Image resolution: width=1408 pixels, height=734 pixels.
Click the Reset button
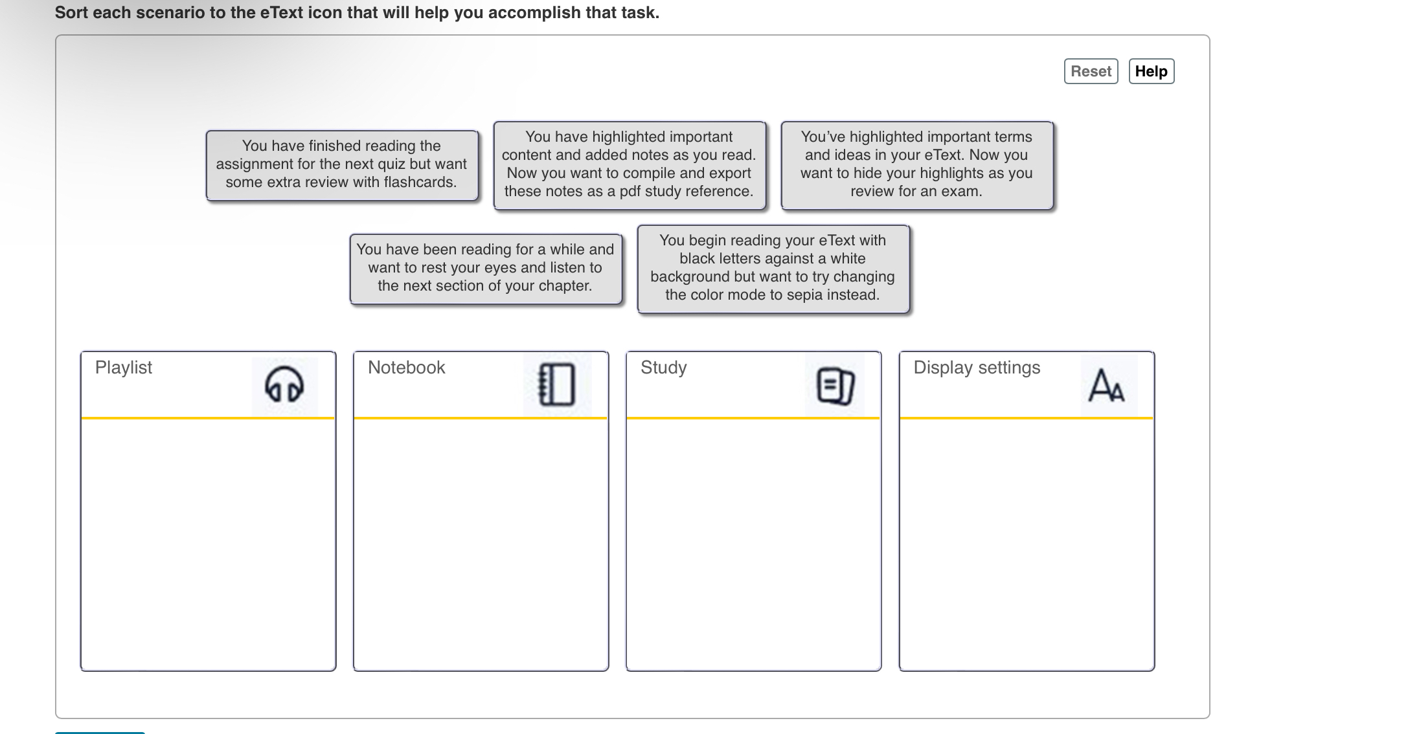point(1091,71)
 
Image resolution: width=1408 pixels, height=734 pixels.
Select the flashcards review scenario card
point(341,164)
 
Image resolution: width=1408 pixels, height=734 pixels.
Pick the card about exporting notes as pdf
point(629,164)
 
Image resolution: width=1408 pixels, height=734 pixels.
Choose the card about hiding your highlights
point(916,164)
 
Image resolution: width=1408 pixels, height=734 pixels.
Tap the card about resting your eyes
point(485,268)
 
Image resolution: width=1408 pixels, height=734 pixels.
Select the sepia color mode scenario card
point(773,268)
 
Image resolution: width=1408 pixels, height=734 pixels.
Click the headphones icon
point(284,385)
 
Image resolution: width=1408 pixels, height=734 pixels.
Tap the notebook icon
point(557,385)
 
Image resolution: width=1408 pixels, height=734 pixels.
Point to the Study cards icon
point(835,385)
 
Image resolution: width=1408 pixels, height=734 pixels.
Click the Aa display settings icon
point(1107,385)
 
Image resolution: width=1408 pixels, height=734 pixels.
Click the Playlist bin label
point(124,368)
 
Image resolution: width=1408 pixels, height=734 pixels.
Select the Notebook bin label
point(406,368)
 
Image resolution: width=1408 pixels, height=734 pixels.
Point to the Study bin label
point(663,368)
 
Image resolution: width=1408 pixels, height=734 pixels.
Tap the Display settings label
point(977,368)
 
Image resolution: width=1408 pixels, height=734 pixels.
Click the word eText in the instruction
point(282,13)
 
